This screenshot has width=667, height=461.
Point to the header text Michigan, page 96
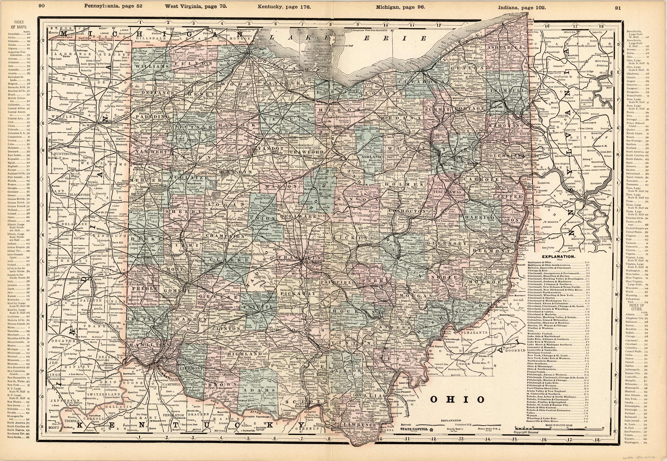[400, 7]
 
